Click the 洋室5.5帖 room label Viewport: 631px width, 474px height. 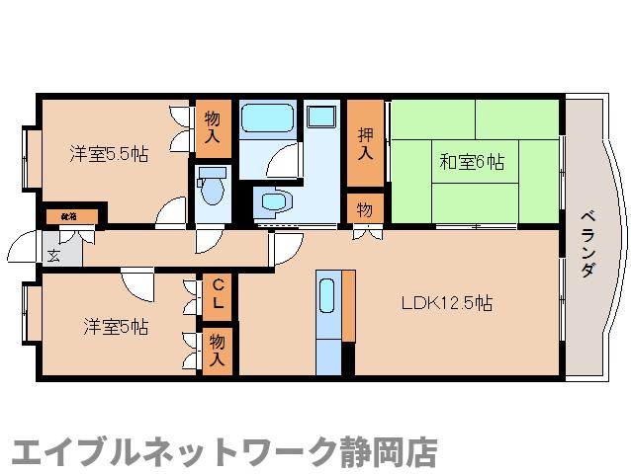[x=109, y=154]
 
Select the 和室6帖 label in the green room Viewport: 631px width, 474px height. [x=472, y=161]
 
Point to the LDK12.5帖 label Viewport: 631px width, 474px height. [x=445, y=304]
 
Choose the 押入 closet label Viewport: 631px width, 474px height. [x=364, y=143]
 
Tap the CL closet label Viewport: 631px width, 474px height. [x=219, y=293]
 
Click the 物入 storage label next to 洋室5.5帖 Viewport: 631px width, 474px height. [x=212, y=127]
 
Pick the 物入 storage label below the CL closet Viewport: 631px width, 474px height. [x=218, y=351]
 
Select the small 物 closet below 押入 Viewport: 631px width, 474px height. [x=364, y=209]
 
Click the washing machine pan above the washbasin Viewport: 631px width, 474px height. [x=320, y=116]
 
